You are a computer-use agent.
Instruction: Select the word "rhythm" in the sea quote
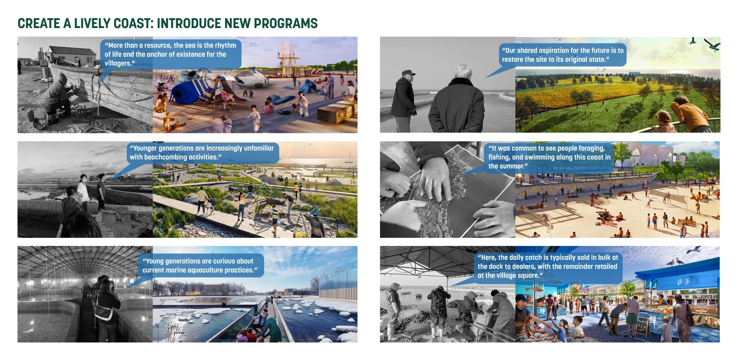(225, 45)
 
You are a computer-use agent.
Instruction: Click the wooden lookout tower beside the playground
(289, 60)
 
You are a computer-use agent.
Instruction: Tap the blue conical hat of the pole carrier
(315, 212)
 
